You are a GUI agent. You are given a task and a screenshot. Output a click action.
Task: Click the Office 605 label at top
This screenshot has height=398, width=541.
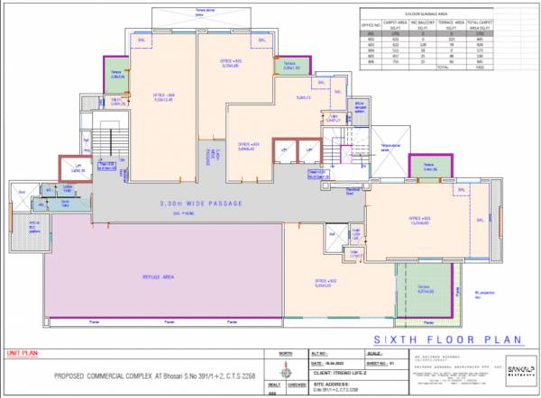click(x=231, y=61)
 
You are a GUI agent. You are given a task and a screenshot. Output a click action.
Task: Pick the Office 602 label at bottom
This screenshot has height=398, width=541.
click(x=326, y=282)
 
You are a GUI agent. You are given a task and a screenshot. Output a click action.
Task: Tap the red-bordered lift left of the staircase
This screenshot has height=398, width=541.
click(x=79, y=168)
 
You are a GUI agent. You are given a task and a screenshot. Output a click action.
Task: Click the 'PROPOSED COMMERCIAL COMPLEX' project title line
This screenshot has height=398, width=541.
click(x=148, y=375)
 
